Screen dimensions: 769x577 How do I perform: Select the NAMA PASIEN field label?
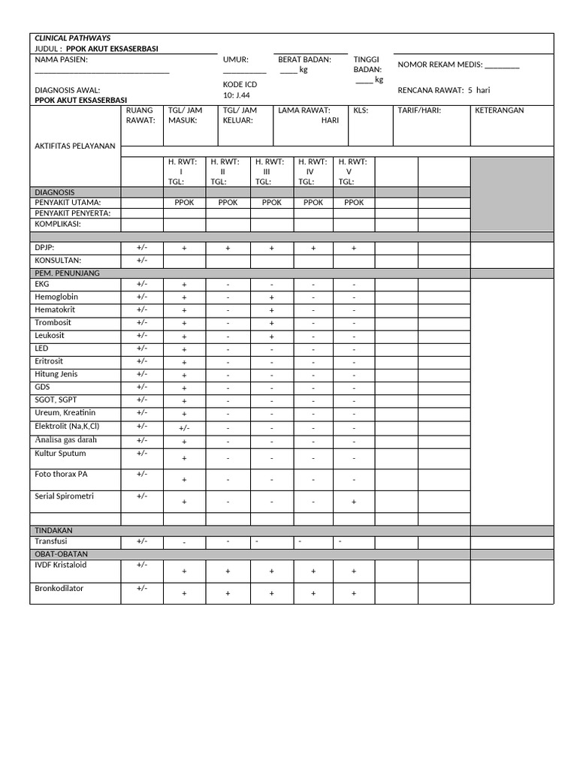coord(61,59)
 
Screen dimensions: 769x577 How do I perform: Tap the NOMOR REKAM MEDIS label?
coord(458,65)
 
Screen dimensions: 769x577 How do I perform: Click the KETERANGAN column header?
coord(500,110)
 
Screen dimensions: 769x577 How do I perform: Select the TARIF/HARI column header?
coord(419,110)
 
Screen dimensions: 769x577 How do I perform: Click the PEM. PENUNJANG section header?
coord(67,273)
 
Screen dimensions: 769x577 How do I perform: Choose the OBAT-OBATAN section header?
coord(64,554)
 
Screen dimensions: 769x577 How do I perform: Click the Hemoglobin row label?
coord(56,297)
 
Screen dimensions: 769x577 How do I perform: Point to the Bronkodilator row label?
coord(59,588)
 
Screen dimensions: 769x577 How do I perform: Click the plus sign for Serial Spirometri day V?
coord(354,502)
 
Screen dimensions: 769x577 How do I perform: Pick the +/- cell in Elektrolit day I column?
coord(184,427)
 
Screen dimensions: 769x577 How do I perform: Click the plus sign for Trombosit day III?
coord(271,324)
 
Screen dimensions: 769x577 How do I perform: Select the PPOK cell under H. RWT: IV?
coord(313,203)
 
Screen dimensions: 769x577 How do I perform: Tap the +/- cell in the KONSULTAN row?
coord(142,260)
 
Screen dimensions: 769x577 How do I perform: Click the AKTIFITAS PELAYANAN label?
coord(75,146)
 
